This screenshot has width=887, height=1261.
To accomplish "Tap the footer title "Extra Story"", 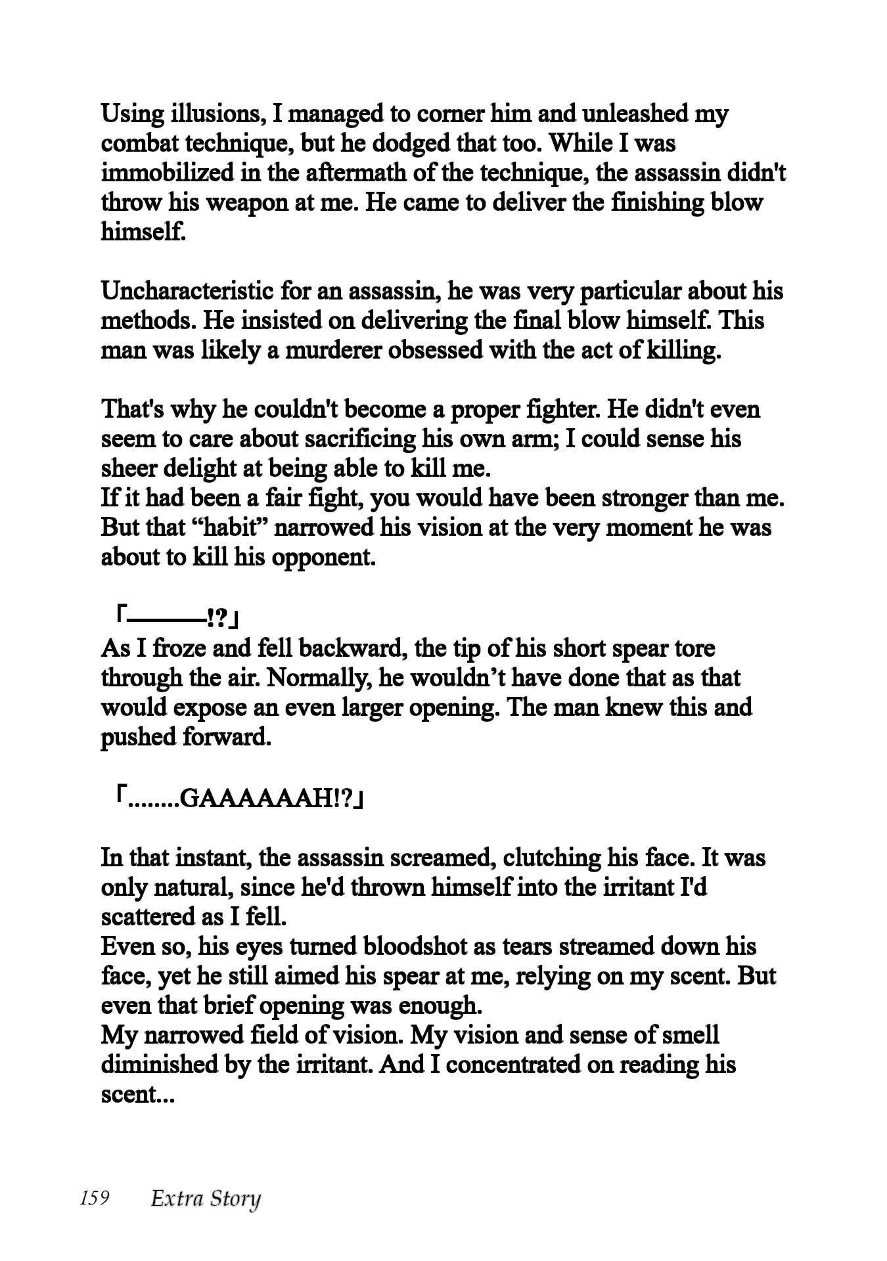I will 206,1199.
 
